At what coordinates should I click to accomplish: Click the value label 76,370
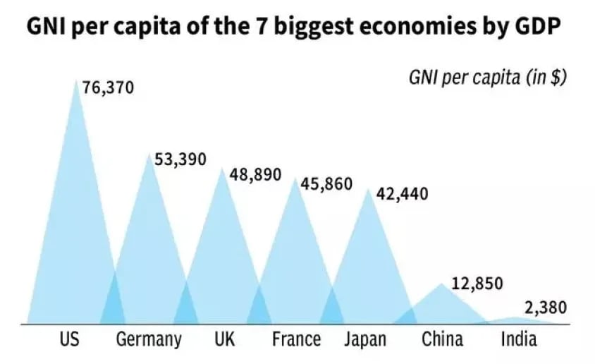(108, 88)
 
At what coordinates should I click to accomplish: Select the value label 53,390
(180, 159)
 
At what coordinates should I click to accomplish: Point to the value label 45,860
(326, 184)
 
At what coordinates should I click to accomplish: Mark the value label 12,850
(477, 284)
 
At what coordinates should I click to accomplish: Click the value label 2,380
(545, 308)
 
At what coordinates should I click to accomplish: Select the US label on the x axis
(69, 339)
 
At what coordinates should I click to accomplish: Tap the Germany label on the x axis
(148, 340)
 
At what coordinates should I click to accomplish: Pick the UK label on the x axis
(224, 339)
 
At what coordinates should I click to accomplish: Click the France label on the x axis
(296, 339)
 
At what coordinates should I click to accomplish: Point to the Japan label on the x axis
(365, 340)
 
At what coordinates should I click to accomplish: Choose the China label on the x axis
(443, 339)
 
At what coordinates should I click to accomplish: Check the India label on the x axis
(519, 339)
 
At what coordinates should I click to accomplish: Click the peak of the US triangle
(76, 80)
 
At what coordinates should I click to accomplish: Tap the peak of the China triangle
(442, 284)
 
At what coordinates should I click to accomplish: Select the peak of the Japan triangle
(367, 188)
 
